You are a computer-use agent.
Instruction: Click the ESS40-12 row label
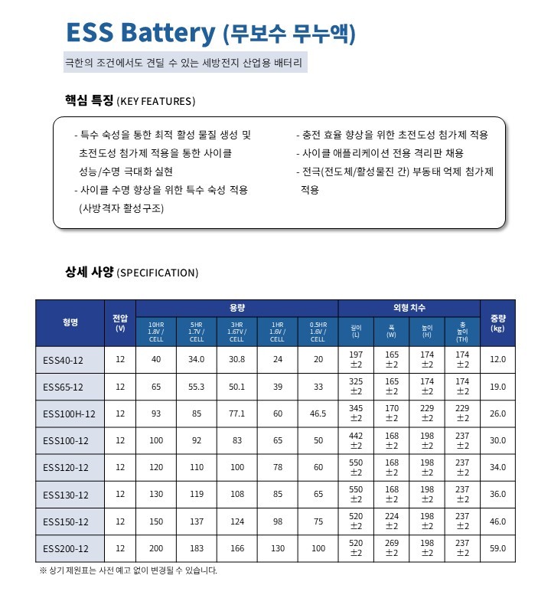point(63,359)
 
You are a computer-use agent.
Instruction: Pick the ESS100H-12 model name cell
point(69,414)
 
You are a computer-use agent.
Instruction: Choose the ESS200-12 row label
point(66,548)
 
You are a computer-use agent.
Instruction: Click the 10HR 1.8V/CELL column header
point(155,332)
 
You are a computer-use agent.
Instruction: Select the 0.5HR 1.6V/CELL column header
point(318,332)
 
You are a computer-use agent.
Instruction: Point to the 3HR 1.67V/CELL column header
point(236,332)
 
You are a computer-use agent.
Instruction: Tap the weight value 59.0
point(497,548)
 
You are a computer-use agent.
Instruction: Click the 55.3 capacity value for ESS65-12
point(196,387)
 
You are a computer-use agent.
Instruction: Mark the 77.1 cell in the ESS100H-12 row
point(236,414)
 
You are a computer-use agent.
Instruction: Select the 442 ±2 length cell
point(356,441)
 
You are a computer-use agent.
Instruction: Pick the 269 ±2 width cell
point(392,548)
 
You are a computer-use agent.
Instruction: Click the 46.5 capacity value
point(318,414)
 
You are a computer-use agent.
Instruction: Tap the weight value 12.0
point(497,359)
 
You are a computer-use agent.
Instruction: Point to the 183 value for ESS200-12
point(196,548)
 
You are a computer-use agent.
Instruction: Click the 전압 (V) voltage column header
point(119,322)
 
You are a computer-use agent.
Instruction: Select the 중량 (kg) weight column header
point(497,322)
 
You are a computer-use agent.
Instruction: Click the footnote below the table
point(128,570)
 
